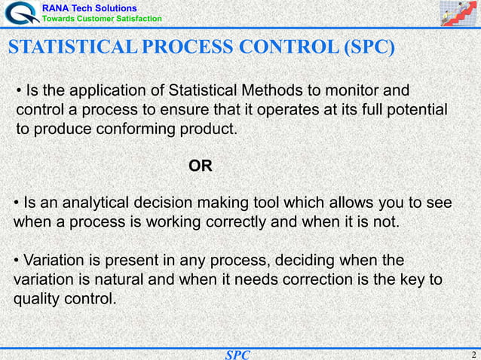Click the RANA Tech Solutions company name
(89, 7)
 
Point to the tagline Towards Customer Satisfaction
(102, 18)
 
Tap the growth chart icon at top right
(459, 14)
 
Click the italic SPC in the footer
(237, 354)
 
